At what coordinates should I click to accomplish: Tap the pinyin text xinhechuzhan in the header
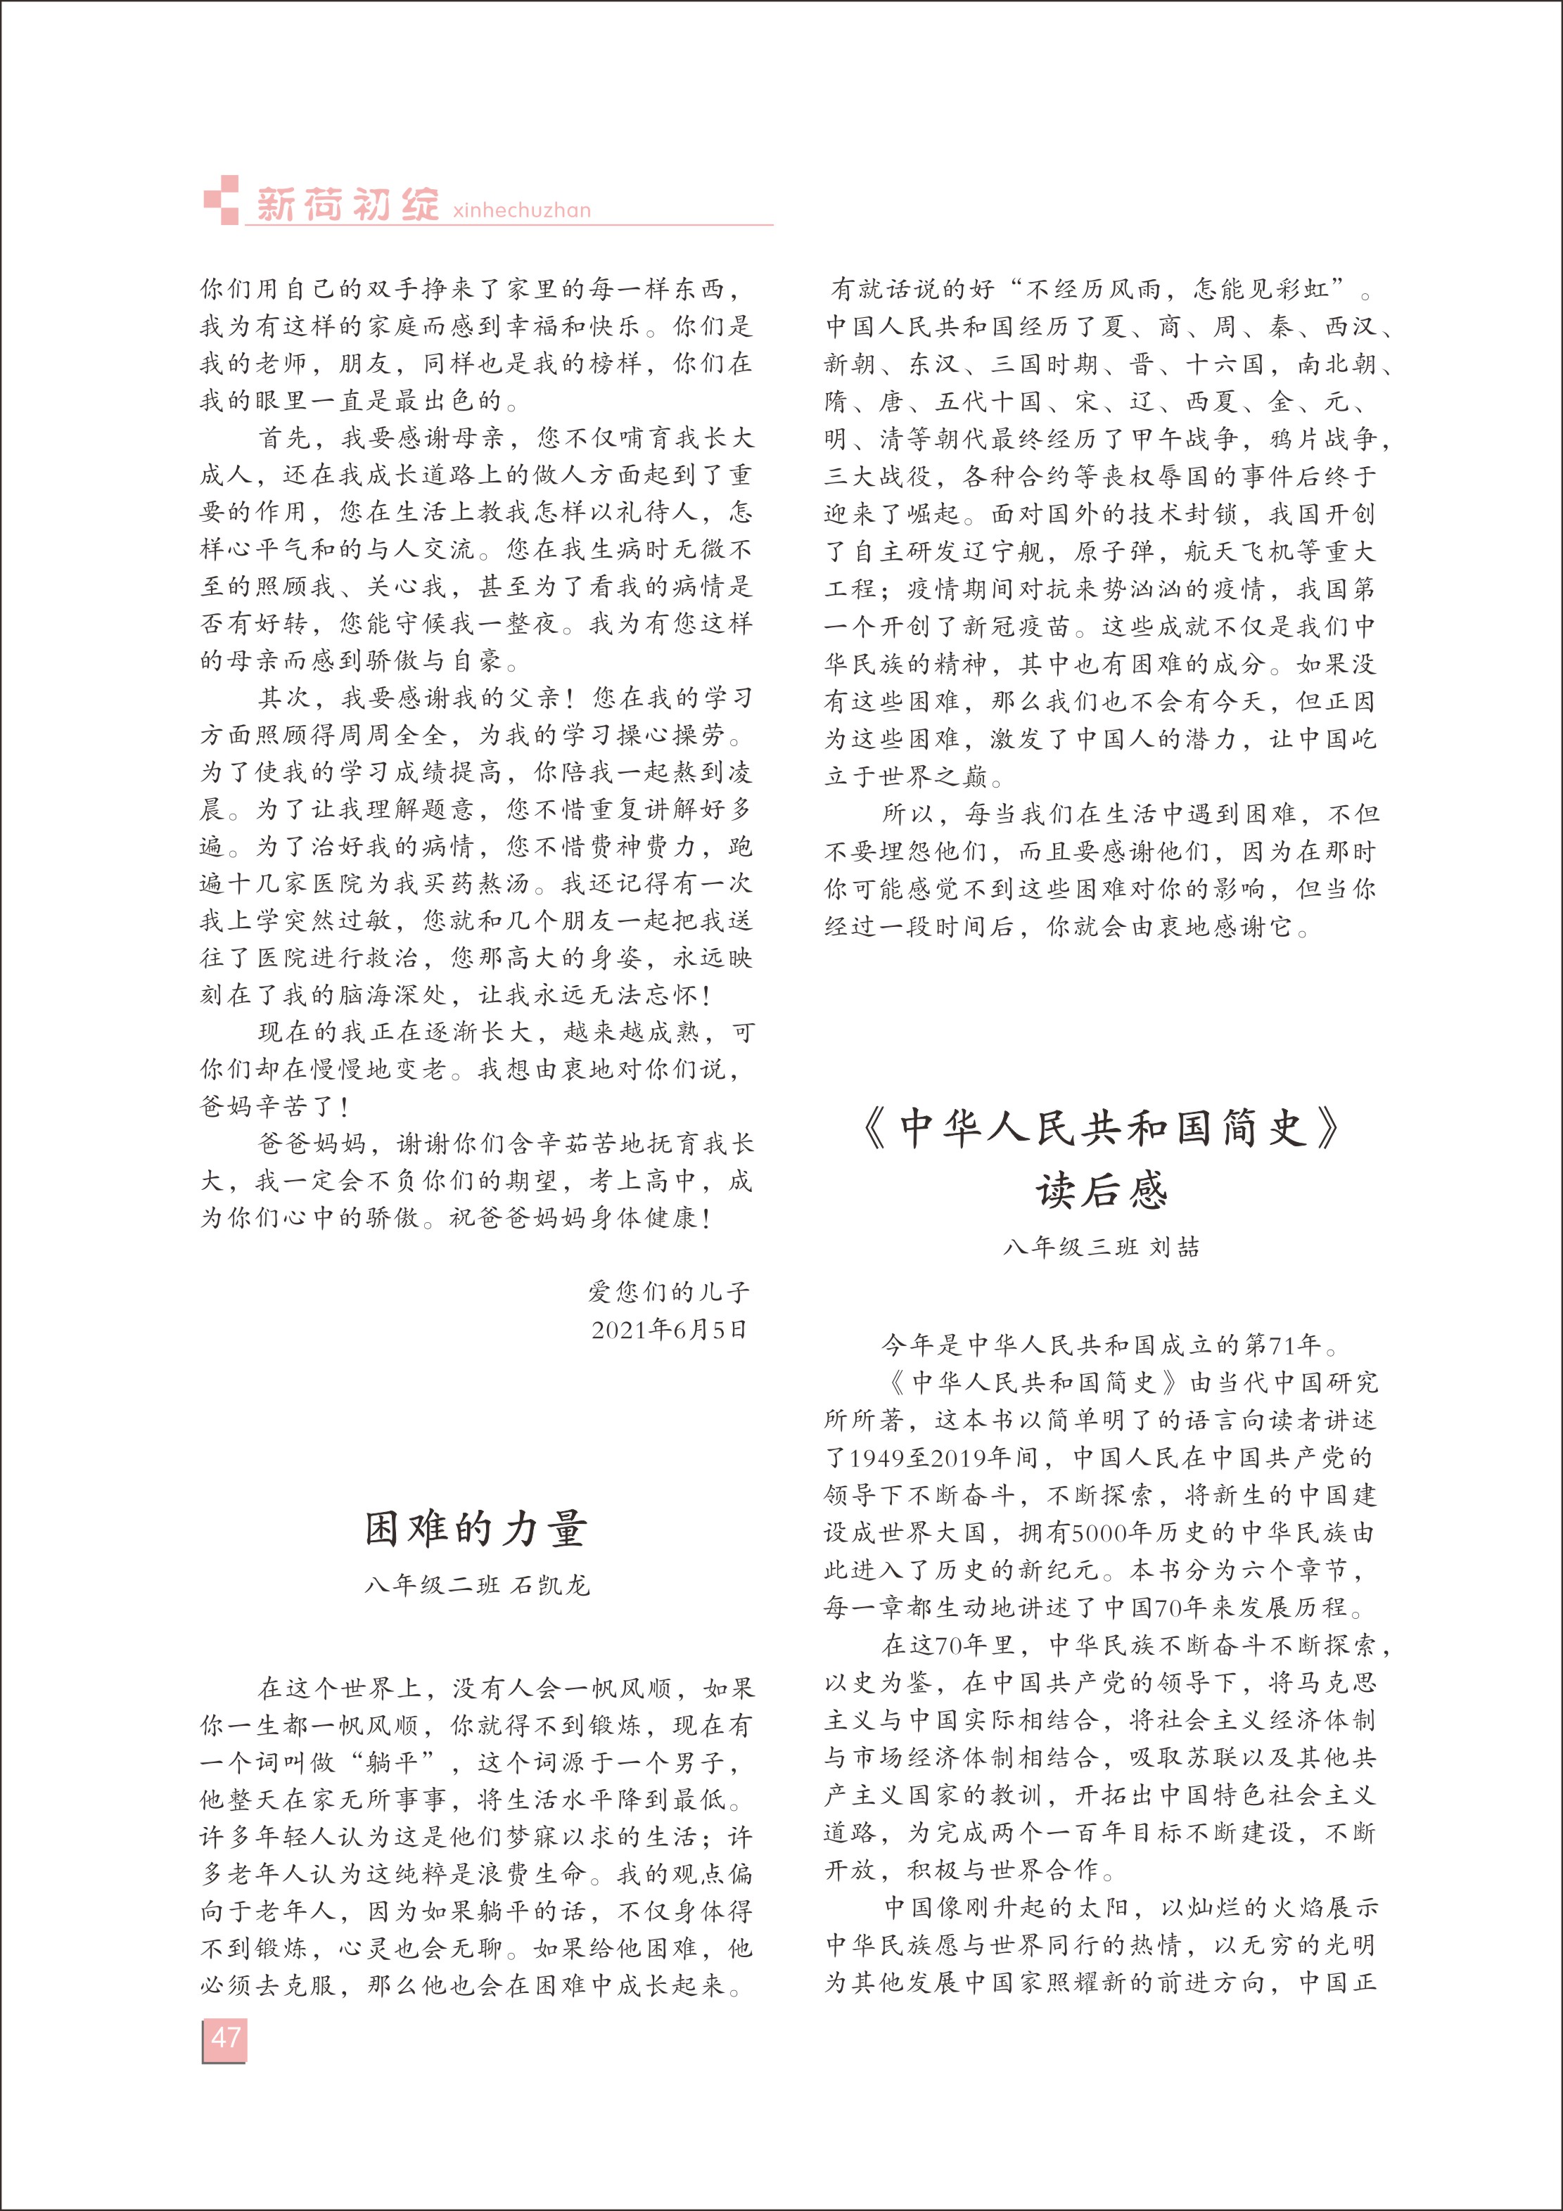[521, 210]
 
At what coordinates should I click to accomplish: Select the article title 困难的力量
[476, 1528]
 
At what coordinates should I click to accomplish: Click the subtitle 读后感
[1102, 1191]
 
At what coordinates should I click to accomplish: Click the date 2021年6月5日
[670, 1330]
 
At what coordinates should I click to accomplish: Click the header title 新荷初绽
[347, 204]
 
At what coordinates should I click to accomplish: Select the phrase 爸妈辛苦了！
[274, 1106]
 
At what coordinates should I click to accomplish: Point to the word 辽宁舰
[1005, 552]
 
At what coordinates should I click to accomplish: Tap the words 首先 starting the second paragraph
[285, 438]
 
